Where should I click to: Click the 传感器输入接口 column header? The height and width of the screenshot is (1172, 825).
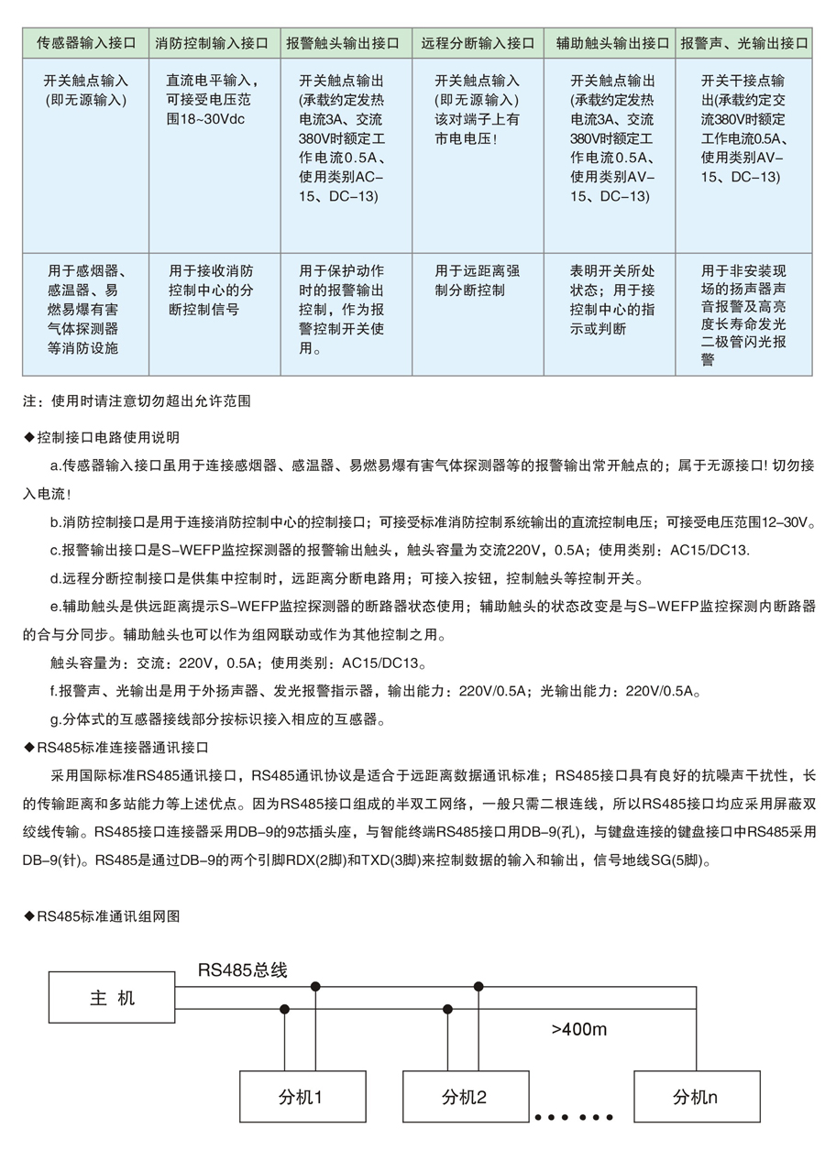[x=85, y=43]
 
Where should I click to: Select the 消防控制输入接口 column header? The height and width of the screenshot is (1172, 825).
[x=212, y=43]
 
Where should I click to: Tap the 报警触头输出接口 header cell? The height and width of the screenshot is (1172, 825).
[x=343, y=43]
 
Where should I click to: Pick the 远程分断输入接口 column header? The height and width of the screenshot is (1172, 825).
[x=478, y=43]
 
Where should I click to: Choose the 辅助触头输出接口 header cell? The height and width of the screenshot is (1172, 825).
[x=612, y=43]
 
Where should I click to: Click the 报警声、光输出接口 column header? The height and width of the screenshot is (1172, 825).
[x=744, y=43]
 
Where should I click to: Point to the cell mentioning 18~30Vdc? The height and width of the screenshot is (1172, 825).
[x=212, y=100]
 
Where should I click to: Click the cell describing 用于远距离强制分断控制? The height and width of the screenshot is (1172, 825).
[x=478, y=280]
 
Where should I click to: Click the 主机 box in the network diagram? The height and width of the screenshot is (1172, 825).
[x=112, y=998]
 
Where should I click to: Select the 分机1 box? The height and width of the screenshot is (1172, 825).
[x=302, y=1097]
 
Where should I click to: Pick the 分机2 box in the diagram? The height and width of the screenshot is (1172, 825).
[x=466, y=1097]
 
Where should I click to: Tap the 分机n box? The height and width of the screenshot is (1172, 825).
[x=697, y=1097]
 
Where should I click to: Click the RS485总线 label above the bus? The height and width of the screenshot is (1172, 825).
[x=242, y=969]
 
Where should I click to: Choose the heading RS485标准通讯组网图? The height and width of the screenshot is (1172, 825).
[x=107, y=915]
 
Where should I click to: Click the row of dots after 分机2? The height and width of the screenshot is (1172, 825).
[x=573, y=1118]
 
